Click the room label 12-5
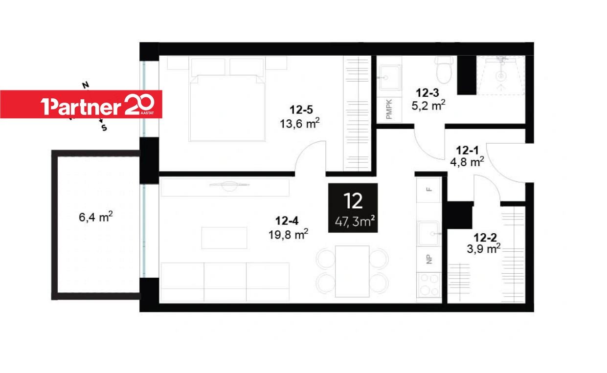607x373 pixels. [301, 110]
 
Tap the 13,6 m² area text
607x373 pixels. [300, 124]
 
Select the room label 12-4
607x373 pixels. [287, 221]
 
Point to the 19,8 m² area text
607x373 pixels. [288, 234]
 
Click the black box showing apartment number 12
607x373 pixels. [353, 208]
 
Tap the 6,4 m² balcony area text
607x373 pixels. [96, 217]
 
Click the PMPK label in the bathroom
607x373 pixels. [389, 110]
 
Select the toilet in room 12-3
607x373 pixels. [444, 69]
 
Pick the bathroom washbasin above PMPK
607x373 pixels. [390, 77]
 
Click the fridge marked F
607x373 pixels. [429, 190]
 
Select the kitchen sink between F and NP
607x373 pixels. [428, 233]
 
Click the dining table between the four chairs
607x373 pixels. [352, 271]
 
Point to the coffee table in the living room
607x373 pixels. [224, 238]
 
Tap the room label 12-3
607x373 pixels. [427, 93]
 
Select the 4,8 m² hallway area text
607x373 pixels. [467, 162]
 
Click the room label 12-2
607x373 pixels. [485, 238]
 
